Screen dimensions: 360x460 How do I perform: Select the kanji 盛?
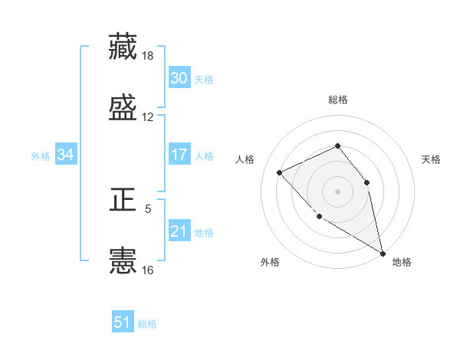[123, 107]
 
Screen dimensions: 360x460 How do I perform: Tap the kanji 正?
[123, 201]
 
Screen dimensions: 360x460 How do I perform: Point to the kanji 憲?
[123, 260]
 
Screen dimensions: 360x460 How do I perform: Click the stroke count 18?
[148, 56]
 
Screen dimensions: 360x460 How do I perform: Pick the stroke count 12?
[148, 117]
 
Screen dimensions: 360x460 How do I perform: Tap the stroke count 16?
[148, 270]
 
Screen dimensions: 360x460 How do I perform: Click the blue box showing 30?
[179, 78]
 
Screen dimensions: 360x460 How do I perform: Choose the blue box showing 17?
[179, 155]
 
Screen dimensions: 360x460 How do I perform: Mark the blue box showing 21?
[179, 231]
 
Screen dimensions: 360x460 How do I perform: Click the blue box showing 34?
[65, 155]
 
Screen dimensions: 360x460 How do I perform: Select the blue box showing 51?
[123, 322]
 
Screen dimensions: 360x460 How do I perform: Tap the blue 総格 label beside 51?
[147, 324]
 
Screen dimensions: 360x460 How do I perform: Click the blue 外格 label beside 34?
[41, 156]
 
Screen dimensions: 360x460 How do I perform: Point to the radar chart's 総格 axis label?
[337, 100]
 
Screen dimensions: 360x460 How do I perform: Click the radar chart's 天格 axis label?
[432, 159]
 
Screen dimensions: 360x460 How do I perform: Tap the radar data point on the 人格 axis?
[280, 172]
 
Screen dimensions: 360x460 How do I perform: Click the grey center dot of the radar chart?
[337, 191]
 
